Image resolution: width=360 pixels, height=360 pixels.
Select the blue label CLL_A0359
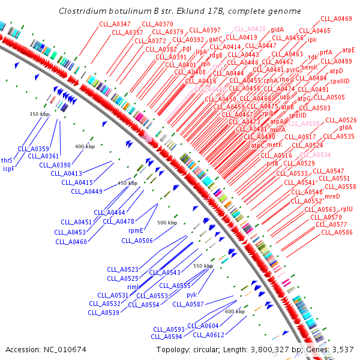pos(33,148)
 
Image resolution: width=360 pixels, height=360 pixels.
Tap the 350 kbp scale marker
pos(39,114)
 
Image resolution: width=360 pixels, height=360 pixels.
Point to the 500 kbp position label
pos(167,223)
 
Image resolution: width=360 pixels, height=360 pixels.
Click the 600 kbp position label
pos(235,311)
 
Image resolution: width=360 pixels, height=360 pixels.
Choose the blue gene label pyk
pos(191,295)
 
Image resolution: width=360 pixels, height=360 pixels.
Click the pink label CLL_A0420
pos(250,28)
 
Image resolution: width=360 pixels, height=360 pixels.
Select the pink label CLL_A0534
pos(315,155)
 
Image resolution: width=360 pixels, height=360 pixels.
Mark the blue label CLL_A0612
pos(209,335)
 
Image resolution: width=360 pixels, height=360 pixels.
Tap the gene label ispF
pos(8,169)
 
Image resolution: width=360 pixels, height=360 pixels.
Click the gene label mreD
pos(332,196)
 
